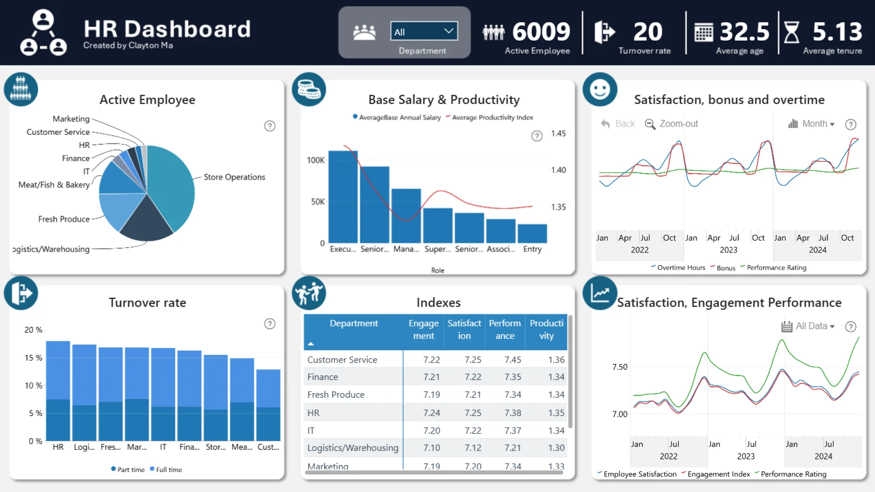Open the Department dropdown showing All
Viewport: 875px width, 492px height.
point(424,31)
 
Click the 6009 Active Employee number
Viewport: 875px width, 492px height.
point(541,32)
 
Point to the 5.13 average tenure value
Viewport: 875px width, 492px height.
point(837,32)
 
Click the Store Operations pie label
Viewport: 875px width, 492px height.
point(234,177)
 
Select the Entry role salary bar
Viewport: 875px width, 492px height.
point(532,233)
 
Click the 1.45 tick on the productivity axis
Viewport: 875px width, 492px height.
point(558,133)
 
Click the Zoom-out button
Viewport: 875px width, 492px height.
point(672,124)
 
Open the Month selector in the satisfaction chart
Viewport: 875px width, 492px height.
point(812,124)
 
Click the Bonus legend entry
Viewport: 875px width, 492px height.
point(726,268)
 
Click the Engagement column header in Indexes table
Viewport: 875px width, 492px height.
point(423,329)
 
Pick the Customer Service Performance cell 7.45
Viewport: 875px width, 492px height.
point(513,360)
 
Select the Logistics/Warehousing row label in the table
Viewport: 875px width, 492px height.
point(353,448)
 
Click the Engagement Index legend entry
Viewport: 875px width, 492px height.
point(718,474)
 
